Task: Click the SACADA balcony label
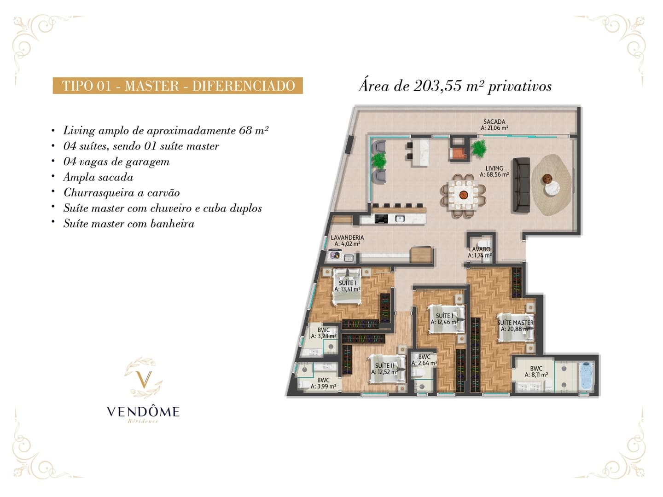494,121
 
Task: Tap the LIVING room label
494,168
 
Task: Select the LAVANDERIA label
347,238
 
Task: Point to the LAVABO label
479,249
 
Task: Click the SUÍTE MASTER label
515,323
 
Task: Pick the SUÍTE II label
384,366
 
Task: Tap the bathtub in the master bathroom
586,376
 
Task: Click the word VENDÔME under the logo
143,411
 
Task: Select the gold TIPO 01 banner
178,86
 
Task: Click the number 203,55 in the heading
438,87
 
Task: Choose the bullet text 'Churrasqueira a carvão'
122,192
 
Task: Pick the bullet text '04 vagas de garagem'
116,162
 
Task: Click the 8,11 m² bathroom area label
536,375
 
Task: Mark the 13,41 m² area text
347,289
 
